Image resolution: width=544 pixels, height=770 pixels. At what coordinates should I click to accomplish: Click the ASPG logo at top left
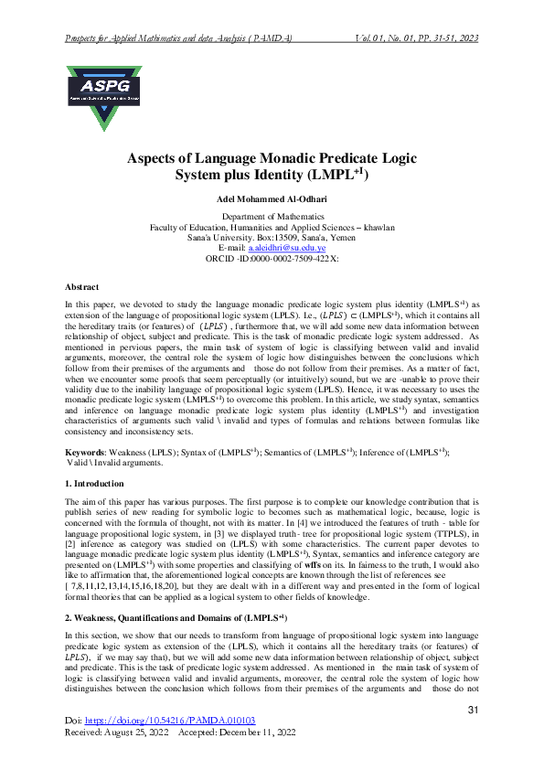103,96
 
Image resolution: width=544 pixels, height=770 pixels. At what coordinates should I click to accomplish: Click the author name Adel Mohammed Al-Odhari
272,198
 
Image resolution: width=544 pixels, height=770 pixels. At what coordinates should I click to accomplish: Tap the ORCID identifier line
272,258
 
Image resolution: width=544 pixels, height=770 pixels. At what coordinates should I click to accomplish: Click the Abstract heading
83,286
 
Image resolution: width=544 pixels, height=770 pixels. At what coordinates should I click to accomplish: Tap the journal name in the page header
178,38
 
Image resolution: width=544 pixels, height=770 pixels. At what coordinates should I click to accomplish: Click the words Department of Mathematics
272,216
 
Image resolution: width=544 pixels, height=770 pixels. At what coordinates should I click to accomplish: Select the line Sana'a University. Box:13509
272,237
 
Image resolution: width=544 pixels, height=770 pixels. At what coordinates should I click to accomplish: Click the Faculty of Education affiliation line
272,227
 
